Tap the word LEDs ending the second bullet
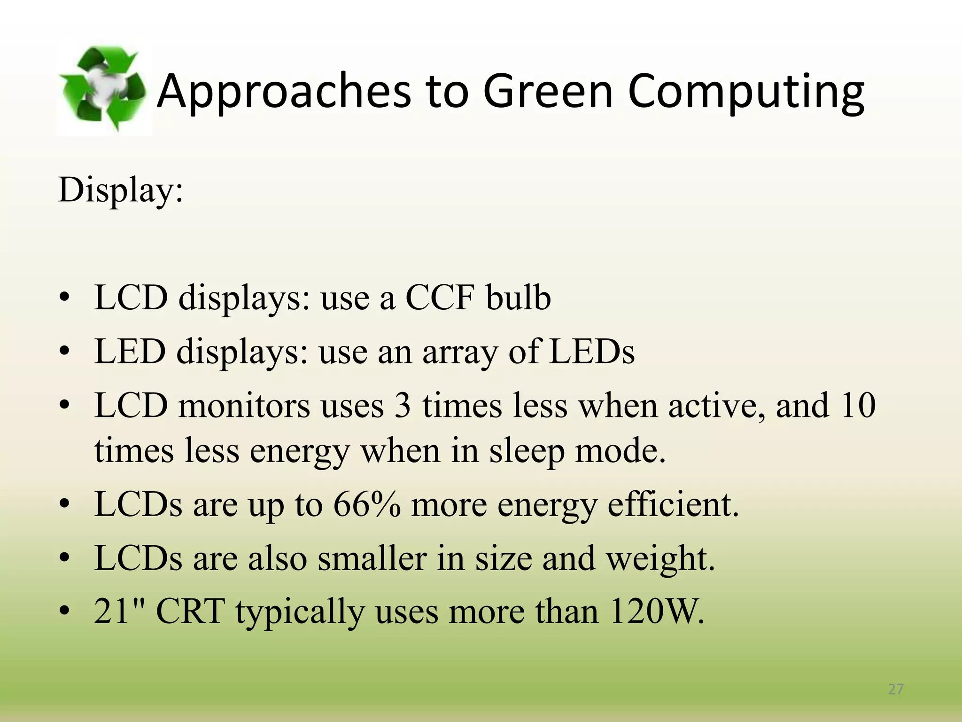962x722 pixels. [x=592, y=352]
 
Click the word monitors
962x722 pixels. [x=244, y=406]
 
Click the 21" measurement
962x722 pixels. [x=120, y=612]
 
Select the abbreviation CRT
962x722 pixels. [x=190, y=612]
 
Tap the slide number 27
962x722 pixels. [x=896, y=689]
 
